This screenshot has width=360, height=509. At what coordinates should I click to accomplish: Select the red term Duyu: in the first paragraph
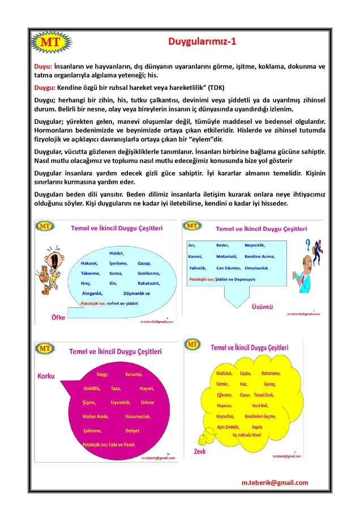43,66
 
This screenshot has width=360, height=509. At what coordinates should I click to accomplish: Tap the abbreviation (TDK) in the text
216,88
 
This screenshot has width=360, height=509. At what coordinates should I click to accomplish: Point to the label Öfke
58,317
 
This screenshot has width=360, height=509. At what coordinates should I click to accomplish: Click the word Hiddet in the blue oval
117,253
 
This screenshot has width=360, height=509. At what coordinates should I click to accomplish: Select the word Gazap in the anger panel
144,264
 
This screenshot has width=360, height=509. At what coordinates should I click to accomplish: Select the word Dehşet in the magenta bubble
132,430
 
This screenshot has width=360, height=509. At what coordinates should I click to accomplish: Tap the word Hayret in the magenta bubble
147,389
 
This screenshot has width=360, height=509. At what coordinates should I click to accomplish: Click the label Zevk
200,451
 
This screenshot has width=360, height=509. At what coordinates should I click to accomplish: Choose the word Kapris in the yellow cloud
257,426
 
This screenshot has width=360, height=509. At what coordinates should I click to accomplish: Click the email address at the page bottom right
275,482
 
